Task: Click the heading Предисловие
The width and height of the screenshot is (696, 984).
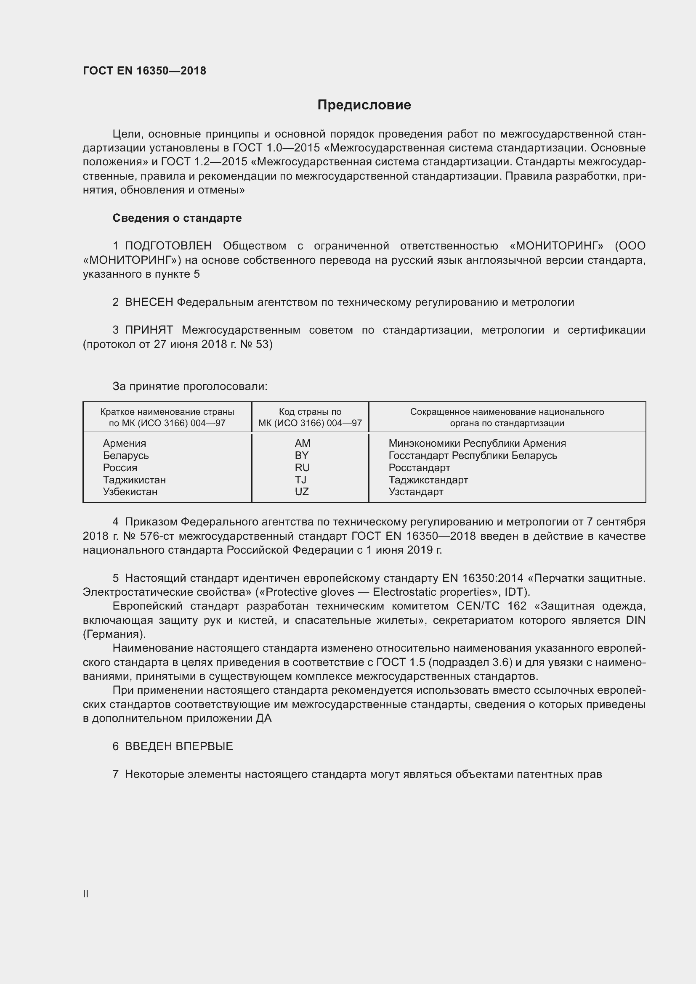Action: [364, 105]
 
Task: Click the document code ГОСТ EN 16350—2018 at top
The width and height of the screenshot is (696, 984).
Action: [144, 71]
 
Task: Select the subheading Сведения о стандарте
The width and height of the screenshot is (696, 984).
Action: [177, 218]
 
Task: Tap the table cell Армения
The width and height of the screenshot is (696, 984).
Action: [124, 443]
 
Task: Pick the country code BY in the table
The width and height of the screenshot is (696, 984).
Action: [302, 455]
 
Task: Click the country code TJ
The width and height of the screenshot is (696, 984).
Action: [300, 480]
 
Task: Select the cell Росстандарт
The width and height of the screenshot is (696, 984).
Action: [419, 467]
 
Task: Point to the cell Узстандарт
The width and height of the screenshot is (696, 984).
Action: [416, 491]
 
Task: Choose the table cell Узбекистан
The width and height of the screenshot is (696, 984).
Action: [130, 491]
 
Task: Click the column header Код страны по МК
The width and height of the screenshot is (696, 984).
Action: [310, 417]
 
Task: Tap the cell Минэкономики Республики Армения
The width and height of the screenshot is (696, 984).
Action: [477, 443]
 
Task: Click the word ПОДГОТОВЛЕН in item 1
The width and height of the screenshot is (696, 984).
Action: [168, 246]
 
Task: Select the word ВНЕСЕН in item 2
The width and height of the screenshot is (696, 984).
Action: [149, 302]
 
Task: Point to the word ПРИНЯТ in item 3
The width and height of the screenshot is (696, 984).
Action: [149, 330]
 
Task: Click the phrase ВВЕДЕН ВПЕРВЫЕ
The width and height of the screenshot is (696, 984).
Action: [179, 746]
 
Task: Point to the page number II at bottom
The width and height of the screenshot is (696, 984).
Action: [86, 894]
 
